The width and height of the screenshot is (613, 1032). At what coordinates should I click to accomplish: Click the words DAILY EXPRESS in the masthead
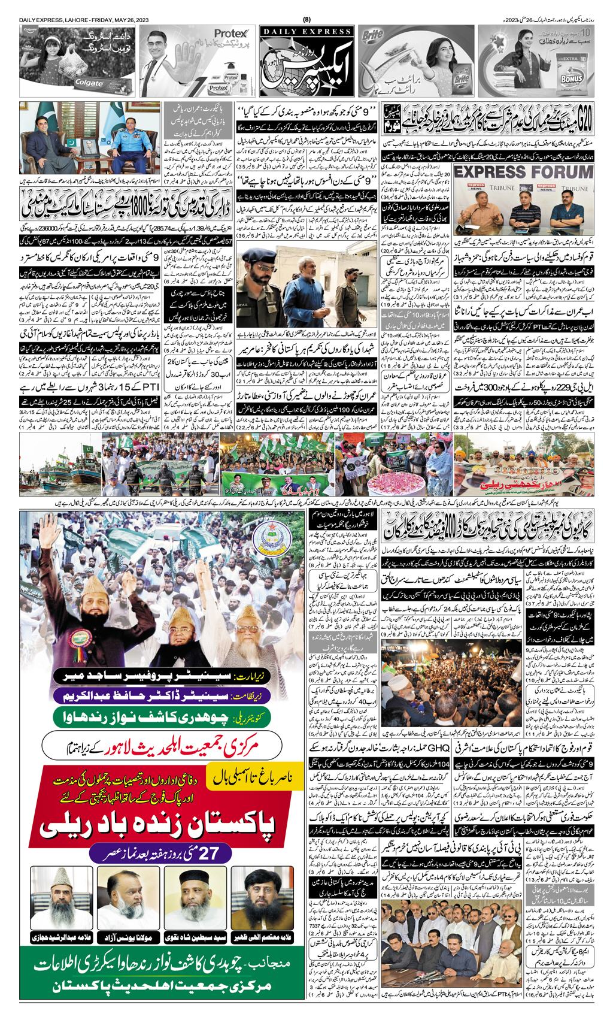306,31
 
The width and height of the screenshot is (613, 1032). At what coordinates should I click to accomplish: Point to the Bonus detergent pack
575,72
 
